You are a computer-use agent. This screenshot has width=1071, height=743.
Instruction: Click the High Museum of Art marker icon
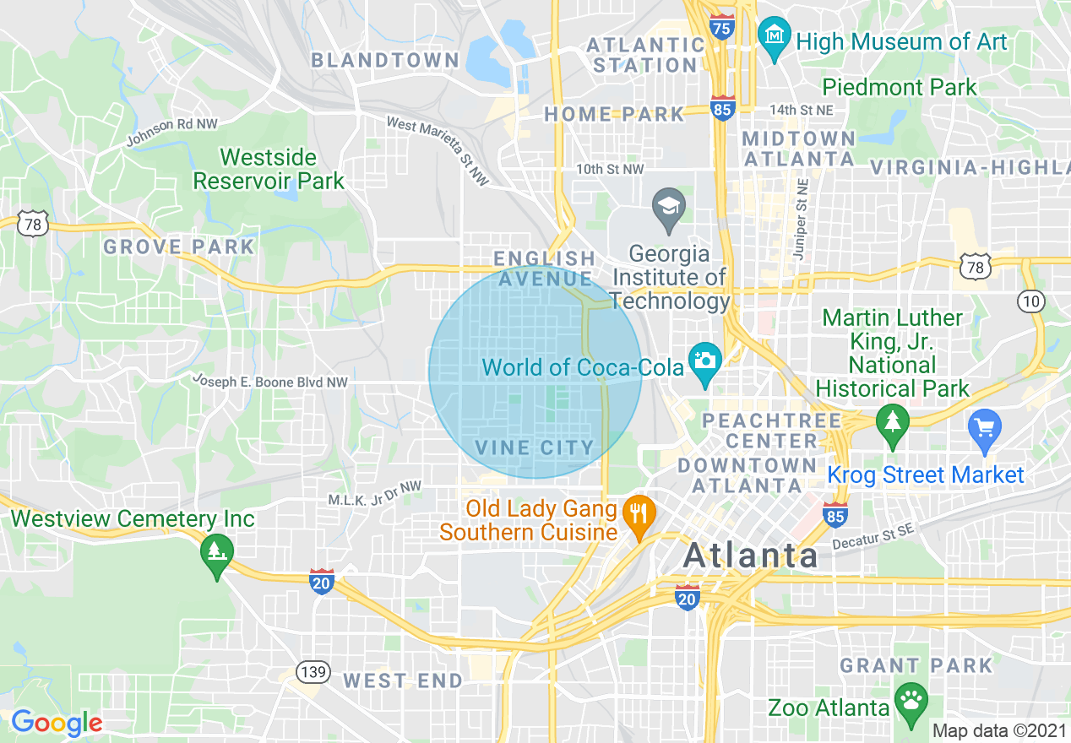(x=773, y=36)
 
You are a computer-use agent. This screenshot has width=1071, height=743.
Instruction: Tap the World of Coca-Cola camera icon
(x=704, y=361)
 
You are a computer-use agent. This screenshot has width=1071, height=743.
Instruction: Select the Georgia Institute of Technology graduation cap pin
(x=669, y=208)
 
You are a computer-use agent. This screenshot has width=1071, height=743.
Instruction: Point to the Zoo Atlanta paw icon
(x=910, y=702)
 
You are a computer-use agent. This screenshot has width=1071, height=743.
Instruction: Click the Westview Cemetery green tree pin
(x=217, y=553)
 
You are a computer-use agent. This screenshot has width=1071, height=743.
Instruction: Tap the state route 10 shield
(x=1031, y=301)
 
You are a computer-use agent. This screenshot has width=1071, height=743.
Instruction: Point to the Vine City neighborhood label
(x=535, y=447)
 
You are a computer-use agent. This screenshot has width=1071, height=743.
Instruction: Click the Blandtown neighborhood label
(x=385, y=60)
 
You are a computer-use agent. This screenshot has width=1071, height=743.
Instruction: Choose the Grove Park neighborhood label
(x=178, y=247)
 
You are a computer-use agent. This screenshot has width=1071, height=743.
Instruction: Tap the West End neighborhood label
(x=403, y=681)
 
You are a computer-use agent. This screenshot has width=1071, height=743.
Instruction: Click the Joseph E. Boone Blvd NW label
(x=269, y=382)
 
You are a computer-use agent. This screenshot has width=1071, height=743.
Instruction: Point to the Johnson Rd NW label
(x=171, y=131)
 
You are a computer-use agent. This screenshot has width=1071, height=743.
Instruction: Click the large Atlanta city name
(x=751, y=556)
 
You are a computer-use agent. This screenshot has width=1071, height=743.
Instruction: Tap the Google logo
(x=57, y=723)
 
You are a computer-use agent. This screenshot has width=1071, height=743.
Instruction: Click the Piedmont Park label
(x=899, y=87)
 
